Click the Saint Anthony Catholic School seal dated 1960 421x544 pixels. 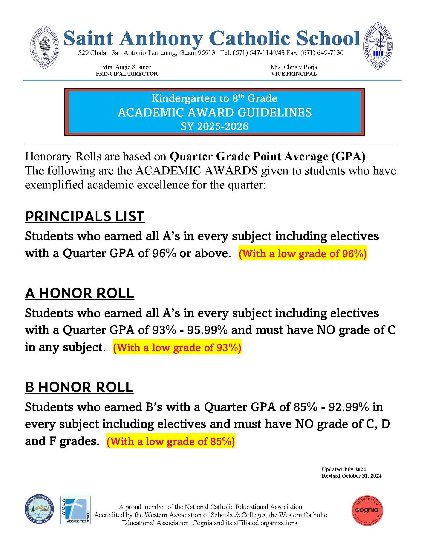click(x=378, y=46)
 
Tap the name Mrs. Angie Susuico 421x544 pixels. click(x=127, y=67)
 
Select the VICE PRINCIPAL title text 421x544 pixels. click(x=294, y=74)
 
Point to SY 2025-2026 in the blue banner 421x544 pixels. click(x=215, y=126)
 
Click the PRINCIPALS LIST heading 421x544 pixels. click(x=84, y=217)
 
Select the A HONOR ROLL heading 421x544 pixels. click(x=80, y=293)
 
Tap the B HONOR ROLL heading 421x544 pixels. click(x=79, y=387)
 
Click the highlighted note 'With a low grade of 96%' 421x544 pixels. click(x=303, y=254)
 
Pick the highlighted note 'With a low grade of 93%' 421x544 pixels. click(x=177, y=348)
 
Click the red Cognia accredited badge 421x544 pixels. click(x=367, y=510)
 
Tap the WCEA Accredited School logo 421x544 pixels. click(x=75, y=510)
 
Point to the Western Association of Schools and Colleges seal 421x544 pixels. click(x=39, y=510)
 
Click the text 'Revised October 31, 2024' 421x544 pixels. click(x=351, y=476)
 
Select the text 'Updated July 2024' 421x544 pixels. click(x=344, y=469)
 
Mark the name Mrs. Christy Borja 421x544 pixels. click(x=294, y=67)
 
